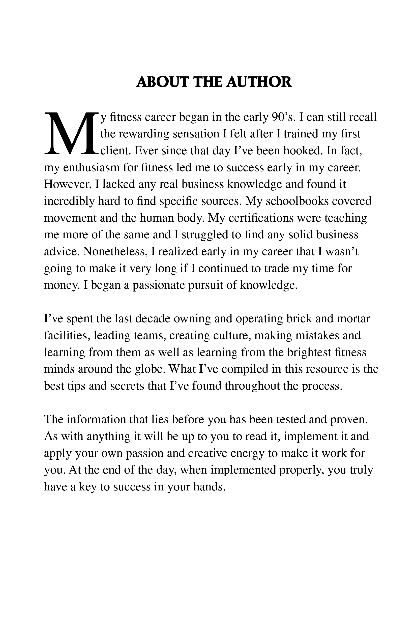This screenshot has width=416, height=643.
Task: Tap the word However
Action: coord(67,184)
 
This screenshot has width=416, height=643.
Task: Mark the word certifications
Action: coord(261,218)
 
